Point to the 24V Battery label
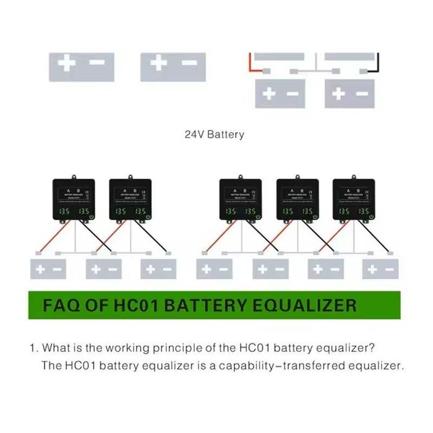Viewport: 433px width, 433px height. coord(215,134)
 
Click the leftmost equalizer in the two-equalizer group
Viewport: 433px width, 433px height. coord(74,199)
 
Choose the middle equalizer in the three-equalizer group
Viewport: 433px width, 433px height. coord(298,199)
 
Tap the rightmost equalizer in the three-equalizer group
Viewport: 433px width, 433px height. coord(353,199)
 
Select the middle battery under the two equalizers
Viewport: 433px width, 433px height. coord(103,269)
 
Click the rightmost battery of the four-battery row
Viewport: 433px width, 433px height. coord(380,269)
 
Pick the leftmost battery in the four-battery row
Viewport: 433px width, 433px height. coord(214,269)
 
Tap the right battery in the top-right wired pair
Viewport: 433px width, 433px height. coord(349,94)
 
